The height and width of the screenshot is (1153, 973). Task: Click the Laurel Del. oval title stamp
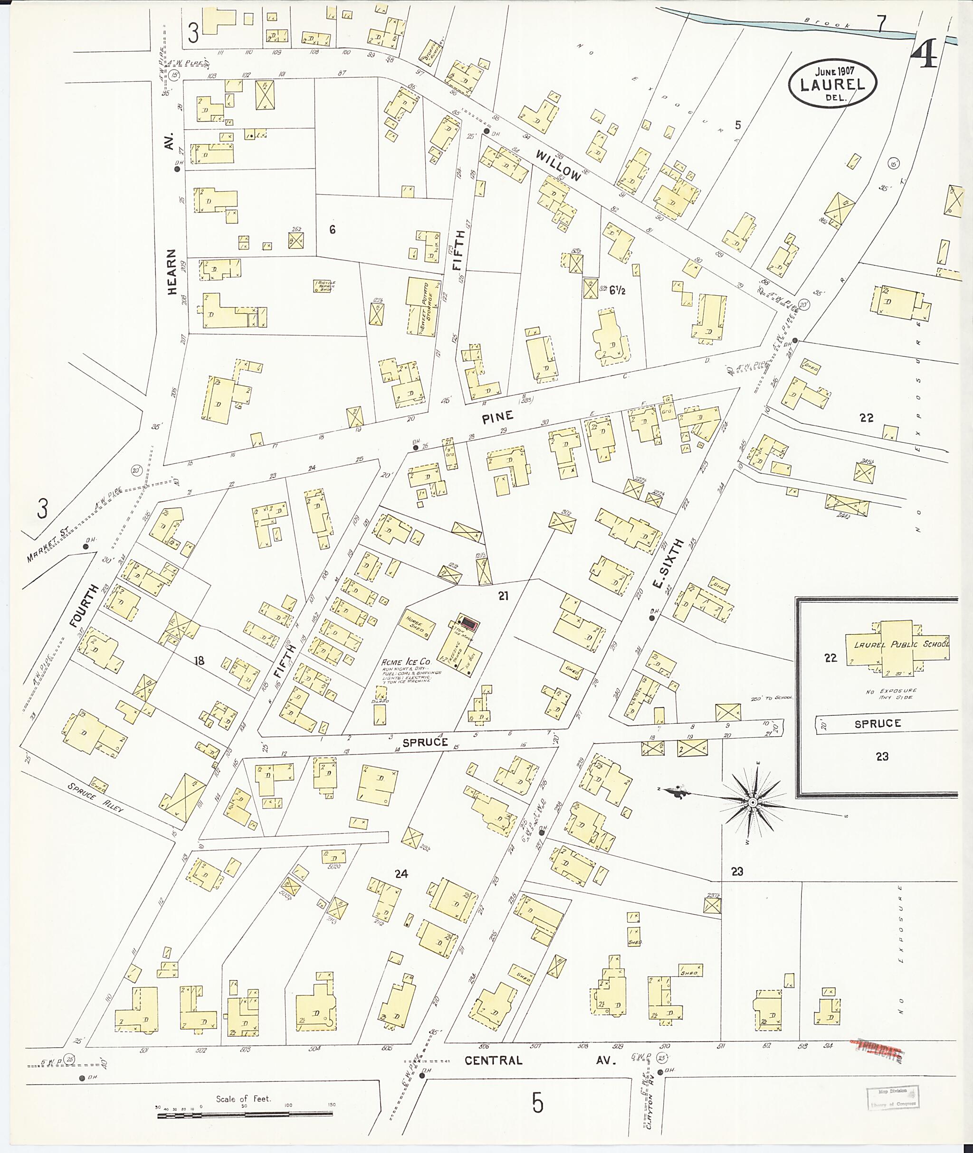[832, 84]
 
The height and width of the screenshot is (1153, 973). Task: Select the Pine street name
[497, 417]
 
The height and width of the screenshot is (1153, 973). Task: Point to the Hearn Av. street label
[172, 271]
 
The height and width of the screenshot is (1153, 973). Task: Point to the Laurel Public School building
[897, 646]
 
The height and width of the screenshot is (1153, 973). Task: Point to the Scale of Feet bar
[245, 1114]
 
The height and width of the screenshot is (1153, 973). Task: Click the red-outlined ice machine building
[468, 623]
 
